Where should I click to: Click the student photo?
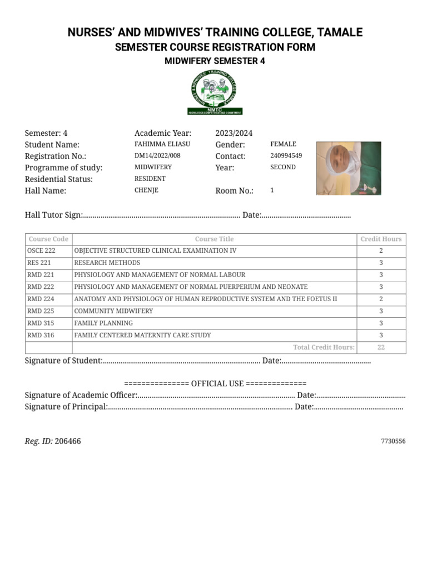tap(349, 168)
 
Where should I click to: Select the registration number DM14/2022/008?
tap(157, 156)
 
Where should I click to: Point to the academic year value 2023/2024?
tap(234, 133)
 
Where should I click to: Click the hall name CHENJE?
tap(146, 190)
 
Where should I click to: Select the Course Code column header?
tap(48, 239)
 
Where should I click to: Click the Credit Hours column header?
tap(381, 239)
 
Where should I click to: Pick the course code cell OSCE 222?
tap(41, 251)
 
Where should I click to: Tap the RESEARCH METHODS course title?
tap(107, 263)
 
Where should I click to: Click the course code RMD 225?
tap(41, 311)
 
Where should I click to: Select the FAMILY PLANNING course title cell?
tap(103, 323)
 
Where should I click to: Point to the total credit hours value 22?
tap(381, 347)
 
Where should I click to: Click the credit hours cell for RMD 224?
tap(381, 299)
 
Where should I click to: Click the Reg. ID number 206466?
tap(68, 441)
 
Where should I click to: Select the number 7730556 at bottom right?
tap(393, 441)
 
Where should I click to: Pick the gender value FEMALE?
tap(283, 144)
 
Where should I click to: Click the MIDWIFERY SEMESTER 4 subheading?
tap(215, 61)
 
